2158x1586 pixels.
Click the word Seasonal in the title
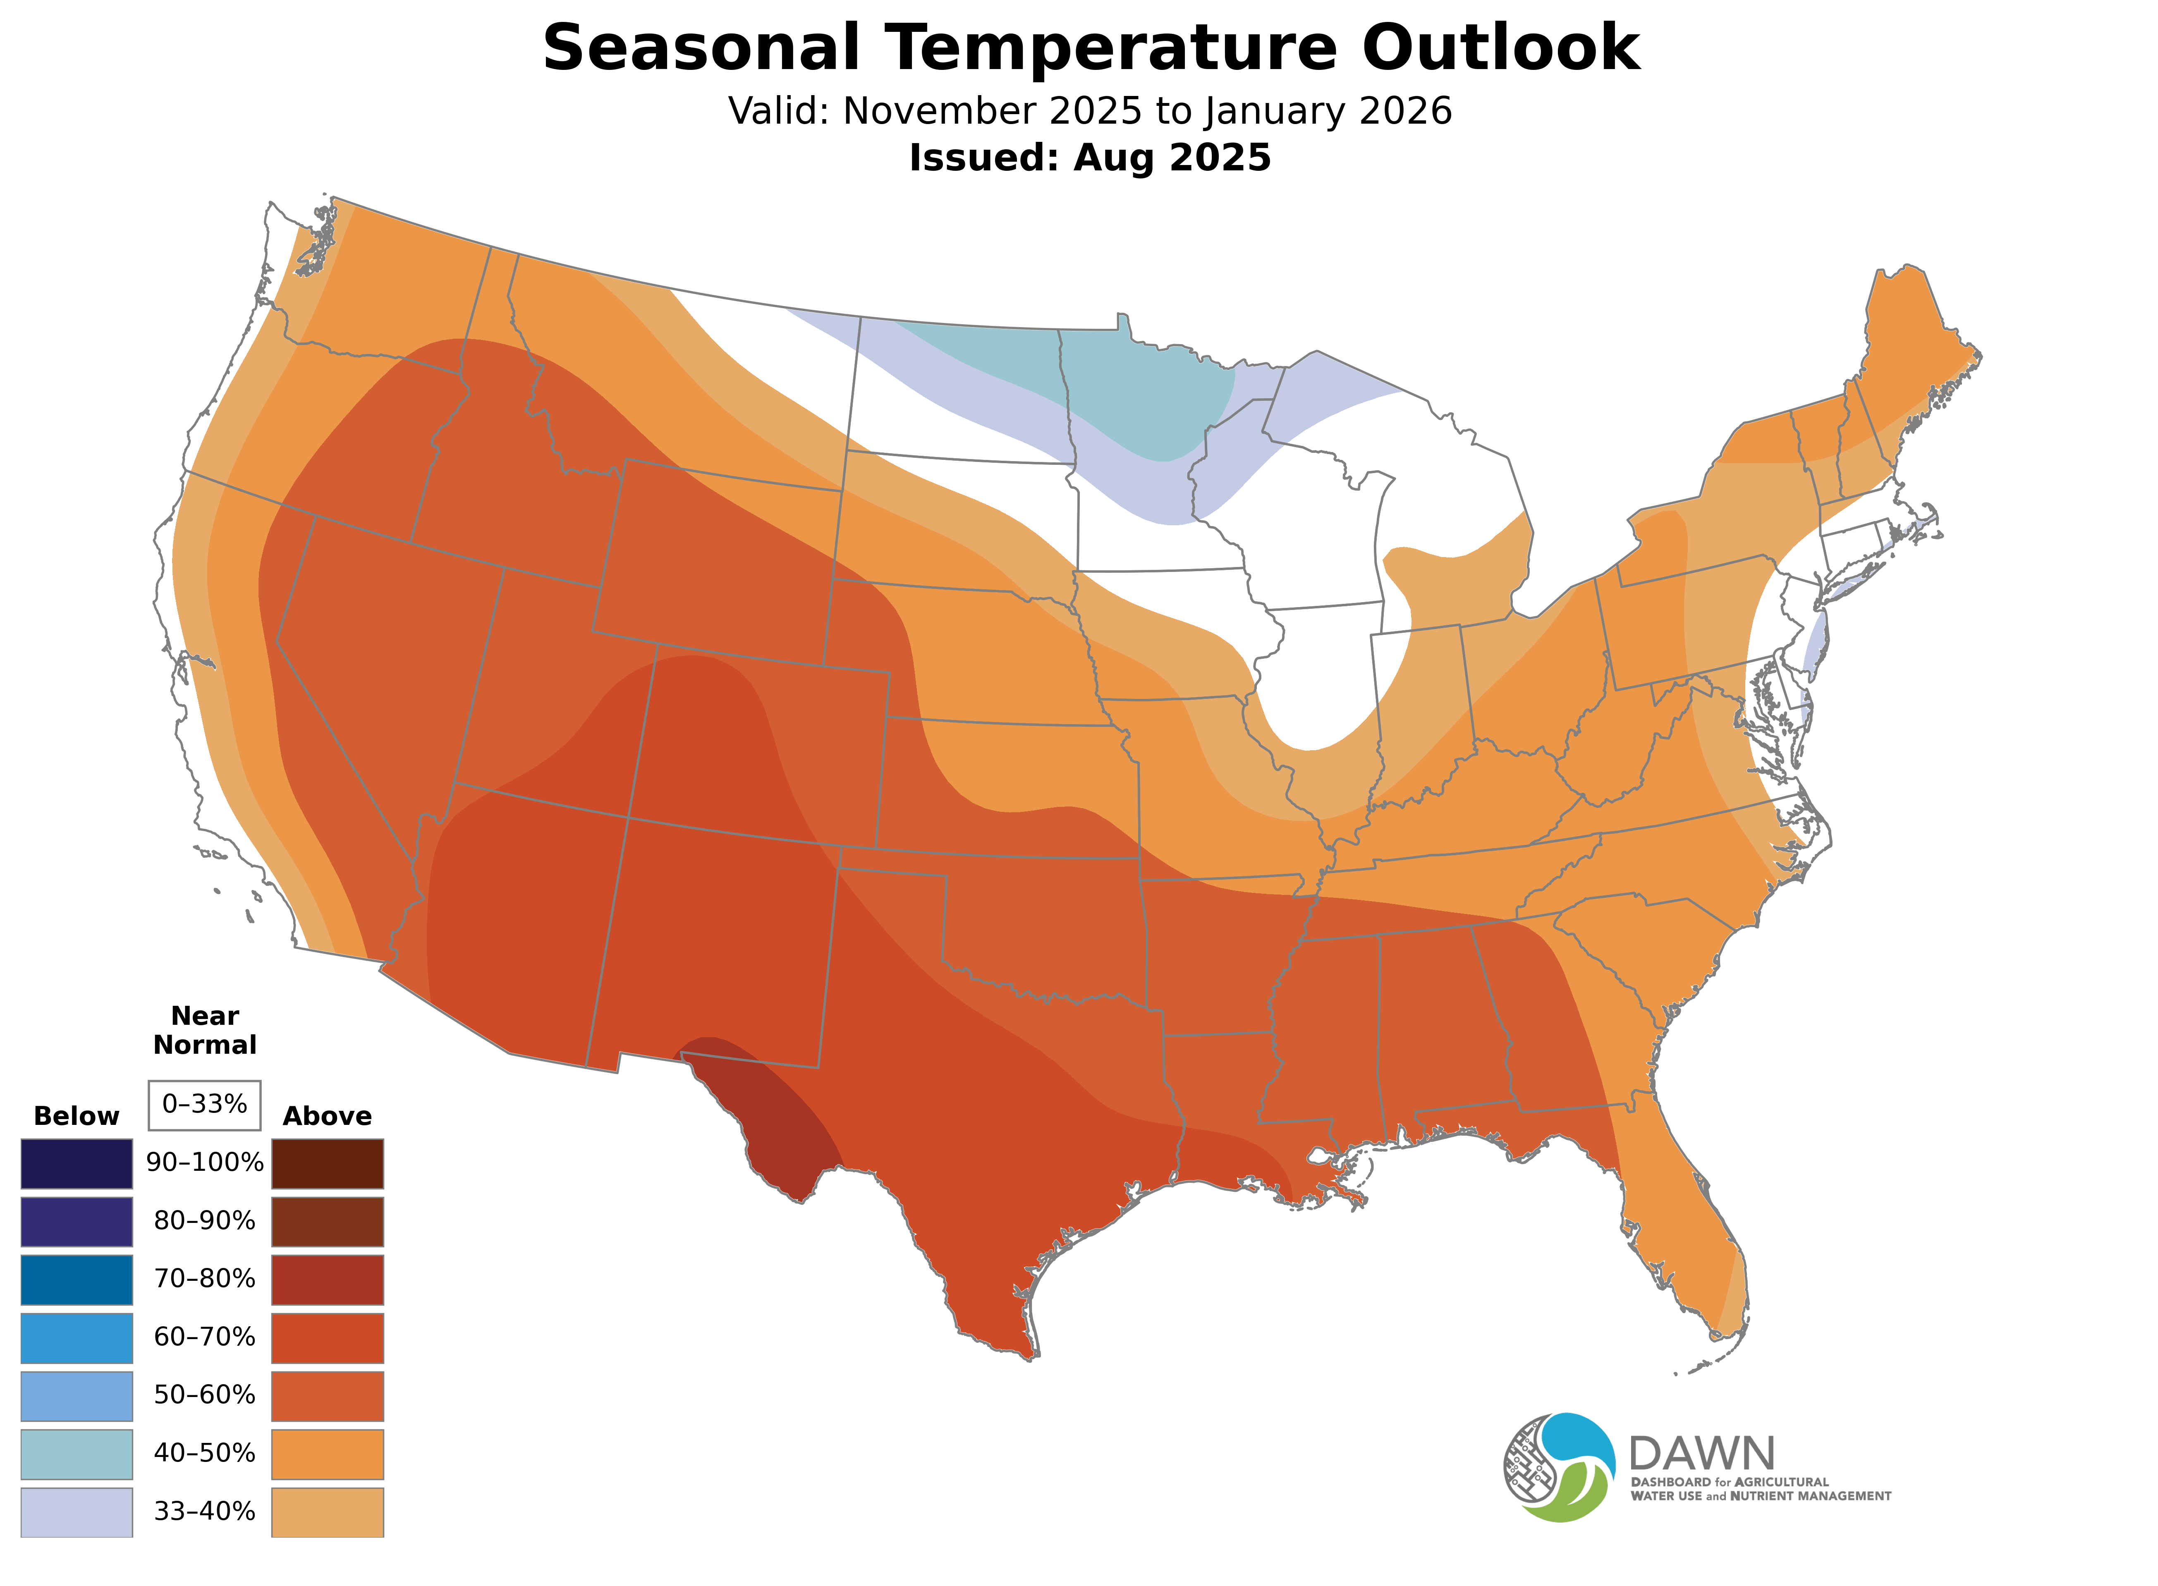point(701,48)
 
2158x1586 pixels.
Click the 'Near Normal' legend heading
point(204,1030)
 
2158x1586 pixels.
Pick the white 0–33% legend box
point(204,1105)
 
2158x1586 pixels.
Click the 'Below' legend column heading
point(76,1117)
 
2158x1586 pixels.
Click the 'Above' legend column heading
point(328,1117)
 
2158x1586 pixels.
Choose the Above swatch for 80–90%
point(328,1221)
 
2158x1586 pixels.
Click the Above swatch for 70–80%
point(328,1280)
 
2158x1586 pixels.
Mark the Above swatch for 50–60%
point(328,1396)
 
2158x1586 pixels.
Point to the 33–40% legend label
point(204,1512)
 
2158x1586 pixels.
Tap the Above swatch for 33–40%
point(328,1512)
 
